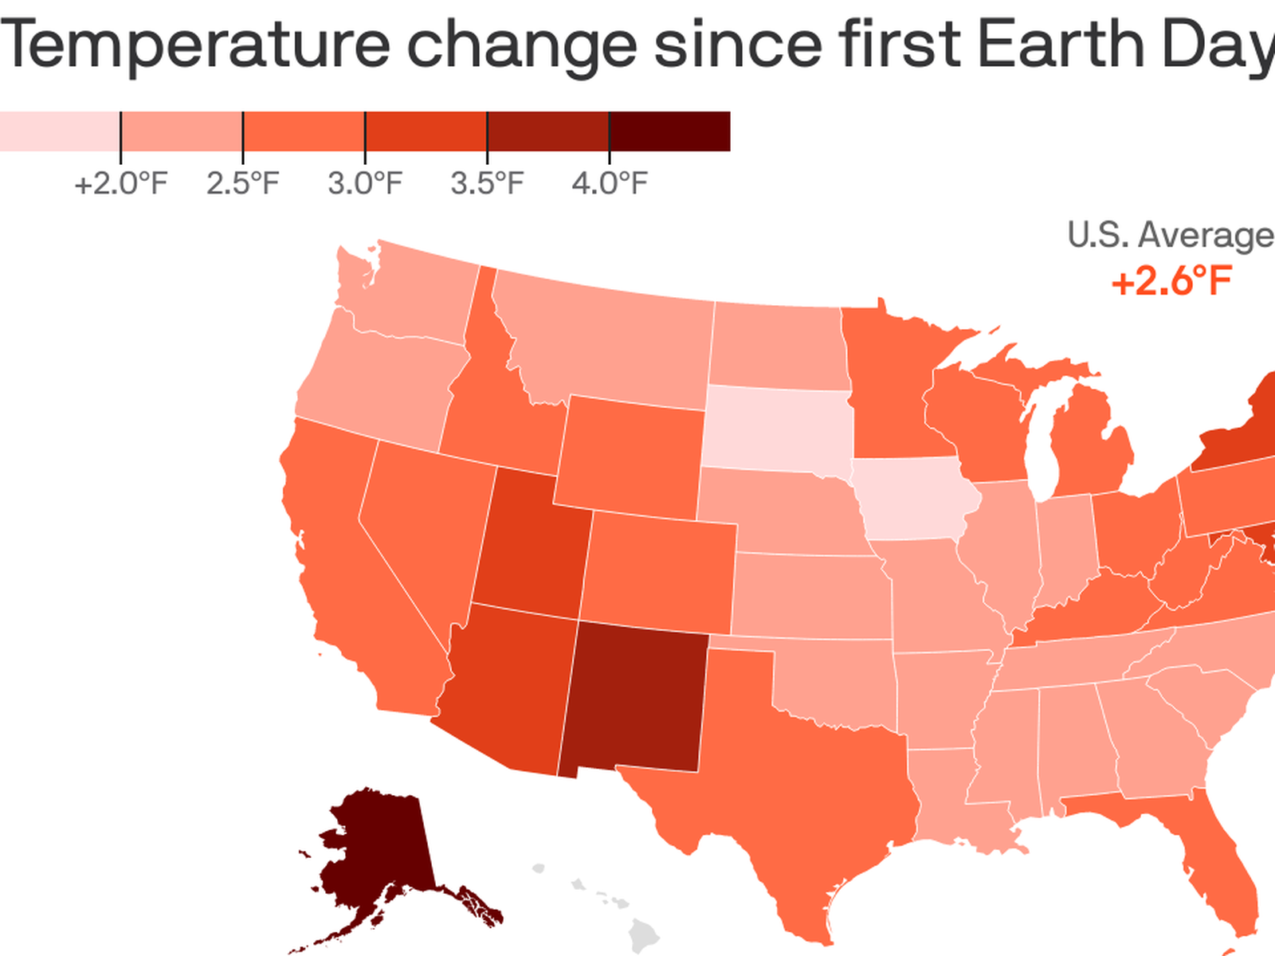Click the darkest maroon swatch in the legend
(x=669, y=131)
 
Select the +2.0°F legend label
(x=121, y=184)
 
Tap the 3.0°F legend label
(x=365, y=184)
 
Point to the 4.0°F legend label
(x=610, y=184)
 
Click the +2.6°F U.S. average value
(x=1171, y=282)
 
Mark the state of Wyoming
(x=630, y=454)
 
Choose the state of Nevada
(x=422, y=526)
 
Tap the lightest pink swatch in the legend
(x=60, y=131)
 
